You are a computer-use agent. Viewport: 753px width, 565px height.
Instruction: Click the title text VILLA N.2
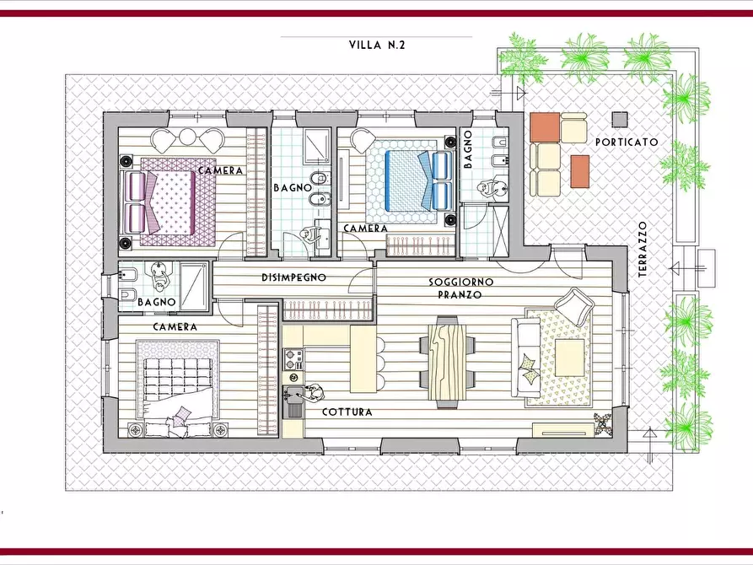(x=377, y=46)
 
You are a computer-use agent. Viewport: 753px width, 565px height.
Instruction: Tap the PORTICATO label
(x=627, y=143)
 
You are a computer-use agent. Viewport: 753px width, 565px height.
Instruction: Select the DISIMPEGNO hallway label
(x=294, y=277)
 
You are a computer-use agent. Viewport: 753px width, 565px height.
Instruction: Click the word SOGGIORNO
(x=461, y=282)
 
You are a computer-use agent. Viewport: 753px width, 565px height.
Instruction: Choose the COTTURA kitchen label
(x=347, y=412)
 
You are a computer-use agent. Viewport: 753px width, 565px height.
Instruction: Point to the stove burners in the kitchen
(x=293, y=361)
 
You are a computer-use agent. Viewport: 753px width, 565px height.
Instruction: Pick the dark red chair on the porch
(x=580, y=171)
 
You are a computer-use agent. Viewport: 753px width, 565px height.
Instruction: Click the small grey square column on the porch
(x=620, y=119)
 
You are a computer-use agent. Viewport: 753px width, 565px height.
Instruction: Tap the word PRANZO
(x=460, y=295)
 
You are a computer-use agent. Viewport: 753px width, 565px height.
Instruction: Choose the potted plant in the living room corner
(x=603, y=423)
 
